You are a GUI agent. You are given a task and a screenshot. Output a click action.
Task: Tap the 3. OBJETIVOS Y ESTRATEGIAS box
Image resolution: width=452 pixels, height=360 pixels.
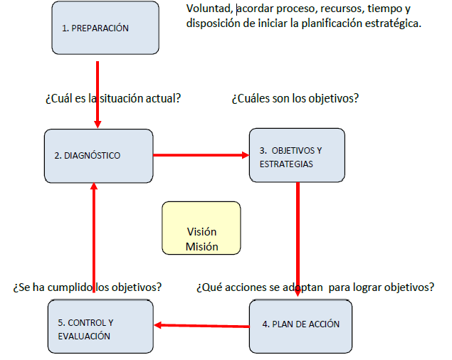pos(296,156)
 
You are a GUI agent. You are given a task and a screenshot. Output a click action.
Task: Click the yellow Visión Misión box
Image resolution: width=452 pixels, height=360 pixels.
pos(201,228)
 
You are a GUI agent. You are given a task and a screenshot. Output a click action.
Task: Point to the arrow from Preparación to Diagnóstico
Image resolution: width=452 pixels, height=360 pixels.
pos(97,92)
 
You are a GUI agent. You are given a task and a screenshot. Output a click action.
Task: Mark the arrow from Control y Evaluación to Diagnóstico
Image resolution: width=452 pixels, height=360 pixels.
pos(93,242)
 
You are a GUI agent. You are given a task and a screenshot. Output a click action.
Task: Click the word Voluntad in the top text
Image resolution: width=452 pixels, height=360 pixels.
pos(209,9)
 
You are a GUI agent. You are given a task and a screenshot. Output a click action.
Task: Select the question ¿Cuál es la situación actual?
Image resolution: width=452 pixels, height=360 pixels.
pos(112,98)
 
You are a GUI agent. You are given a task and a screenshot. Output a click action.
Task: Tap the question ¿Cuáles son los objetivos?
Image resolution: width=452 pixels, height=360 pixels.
pos(294,98)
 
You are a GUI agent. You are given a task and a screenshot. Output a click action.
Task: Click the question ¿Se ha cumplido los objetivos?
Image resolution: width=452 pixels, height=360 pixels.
pos(87,287)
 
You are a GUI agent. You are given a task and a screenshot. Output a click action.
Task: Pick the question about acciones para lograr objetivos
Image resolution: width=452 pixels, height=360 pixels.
pos(315,287)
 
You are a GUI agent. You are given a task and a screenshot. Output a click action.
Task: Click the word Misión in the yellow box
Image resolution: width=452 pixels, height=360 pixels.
pos(201,246)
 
